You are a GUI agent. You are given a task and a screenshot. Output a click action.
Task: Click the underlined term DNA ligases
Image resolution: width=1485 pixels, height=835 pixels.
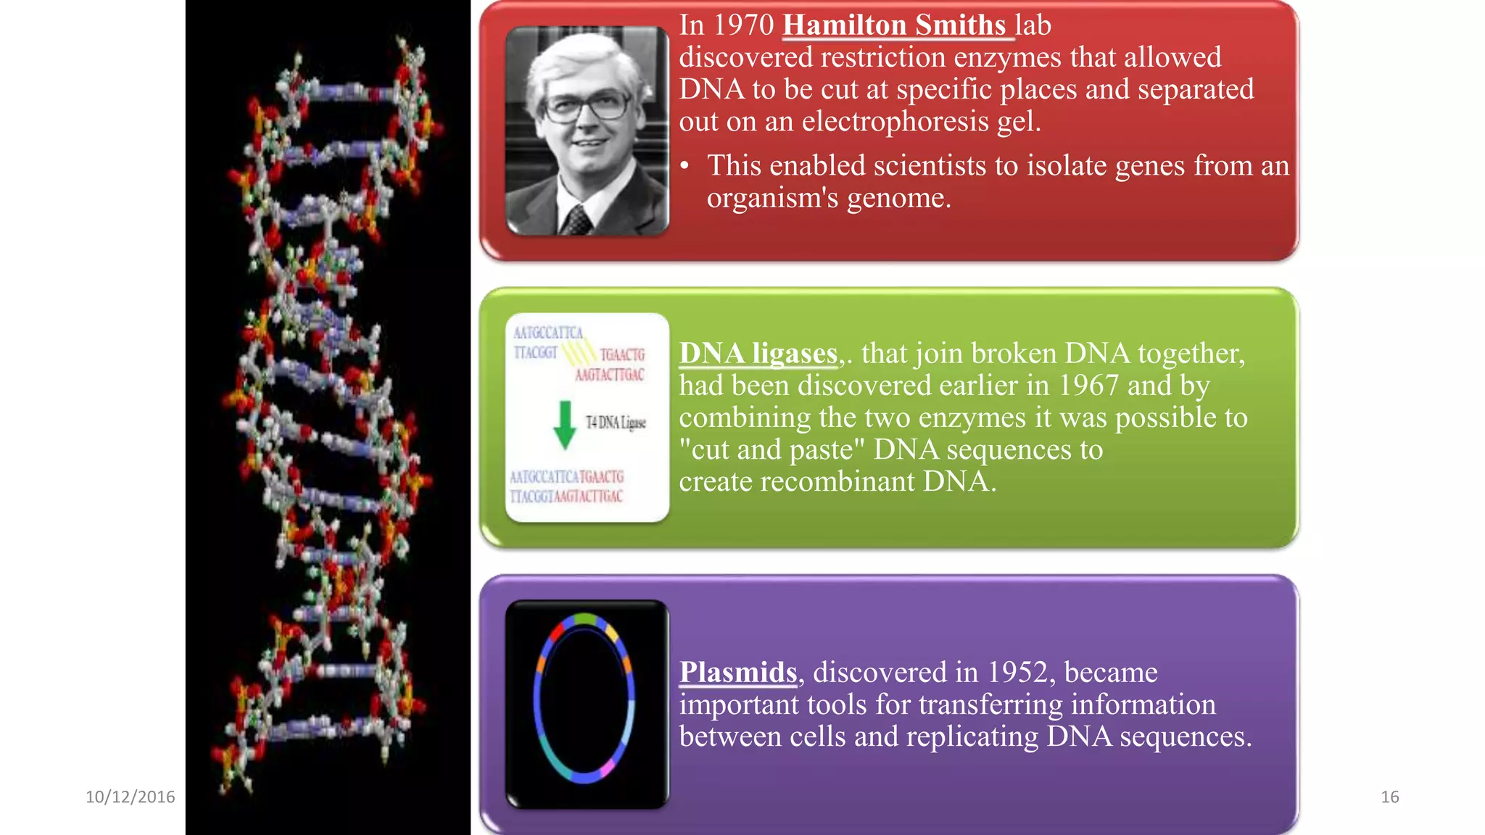[758, 354]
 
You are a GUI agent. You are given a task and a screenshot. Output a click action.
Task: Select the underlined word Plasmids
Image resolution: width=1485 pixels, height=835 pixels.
[738, 673]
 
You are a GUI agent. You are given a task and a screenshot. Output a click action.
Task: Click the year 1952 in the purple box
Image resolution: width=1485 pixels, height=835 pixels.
[1018, 673]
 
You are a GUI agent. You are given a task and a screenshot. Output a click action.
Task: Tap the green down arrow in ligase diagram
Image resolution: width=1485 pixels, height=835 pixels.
[565, 425]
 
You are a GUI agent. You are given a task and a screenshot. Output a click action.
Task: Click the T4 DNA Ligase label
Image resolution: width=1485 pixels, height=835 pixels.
[616, 423]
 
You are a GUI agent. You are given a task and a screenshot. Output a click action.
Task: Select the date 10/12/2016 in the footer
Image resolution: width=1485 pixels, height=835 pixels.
[131, 797]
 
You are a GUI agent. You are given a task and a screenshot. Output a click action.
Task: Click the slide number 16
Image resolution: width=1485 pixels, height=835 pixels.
[1389, 797]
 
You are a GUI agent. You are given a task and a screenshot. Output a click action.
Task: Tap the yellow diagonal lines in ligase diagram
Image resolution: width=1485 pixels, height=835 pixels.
[578, 353]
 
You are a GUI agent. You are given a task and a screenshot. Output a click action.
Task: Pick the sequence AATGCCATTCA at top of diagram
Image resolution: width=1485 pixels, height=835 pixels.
[548, 333]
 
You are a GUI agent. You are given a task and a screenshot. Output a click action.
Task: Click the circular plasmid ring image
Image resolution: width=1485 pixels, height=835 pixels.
[584, 698]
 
